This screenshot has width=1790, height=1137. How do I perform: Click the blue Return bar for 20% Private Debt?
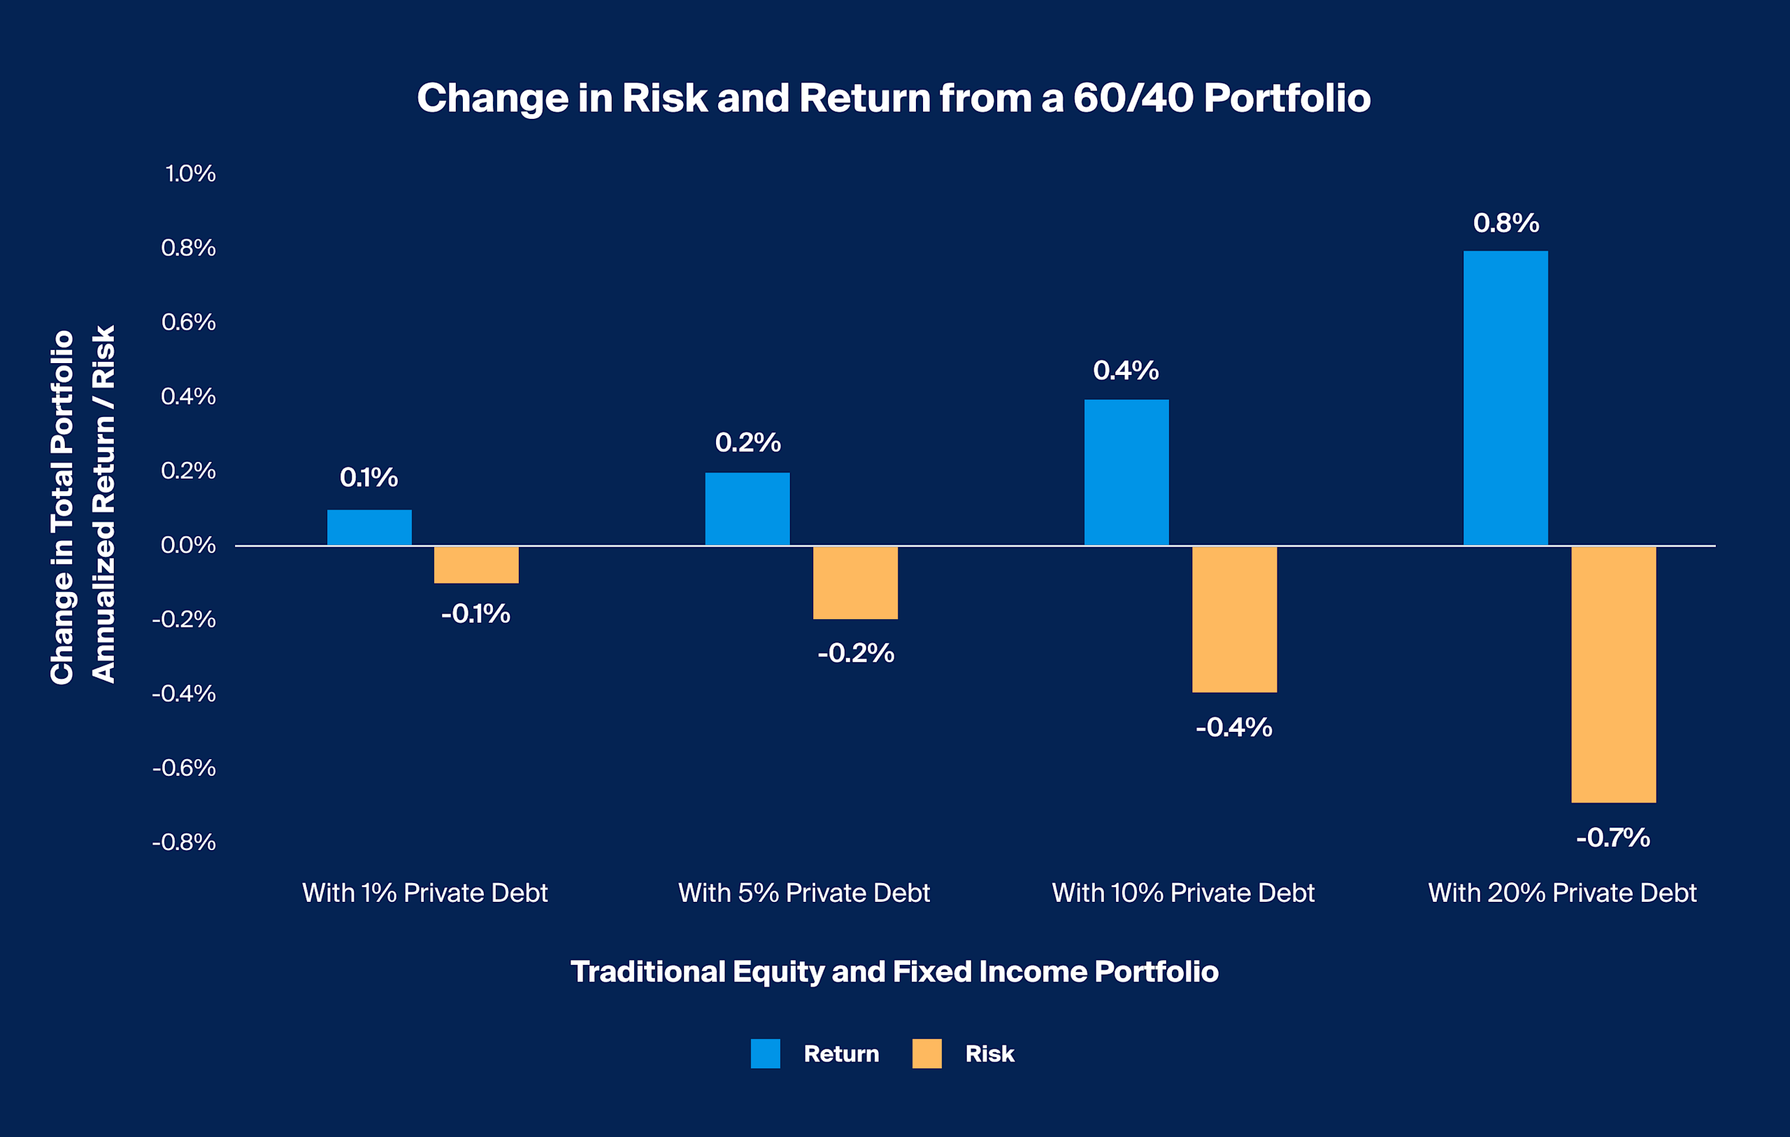(x=1505, y=398)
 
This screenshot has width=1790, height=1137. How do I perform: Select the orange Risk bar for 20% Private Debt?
(x=1613, y=675)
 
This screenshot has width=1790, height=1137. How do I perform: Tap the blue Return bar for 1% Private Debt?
(x=368, y=528)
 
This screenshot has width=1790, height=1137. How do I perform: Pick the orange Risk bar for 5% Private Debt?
(x=855, y=582)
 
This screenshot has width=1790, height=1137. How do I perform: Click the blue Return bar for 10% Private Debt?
(x=1126, y=472)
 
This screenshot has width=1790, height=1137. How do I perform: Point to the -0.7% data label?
(x=1612, y=838)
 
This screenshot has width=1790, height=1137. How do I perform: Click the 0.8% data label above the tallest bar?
(x=1505, y=223)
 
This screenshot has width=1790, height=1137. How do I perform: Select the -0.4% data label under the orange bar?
(x=1234, y=727)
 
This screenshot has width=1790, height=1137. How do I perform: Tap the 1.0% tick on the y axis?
(x=189, y=174)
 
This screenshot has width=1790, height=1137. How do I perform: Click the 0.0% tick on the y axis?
(x=188, y=545)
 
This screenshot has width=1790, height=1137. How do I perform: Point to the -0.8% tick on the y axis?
(x=184, y=842)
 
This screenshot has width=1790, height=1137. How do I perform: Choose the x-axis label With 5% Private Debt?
(x=803, y=892)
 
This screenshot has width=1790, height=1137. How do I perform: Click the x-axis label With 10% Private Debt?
(x=1182, y=892)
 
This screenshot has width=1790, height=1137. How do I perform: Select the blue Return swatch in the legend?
(x=765, y=1053)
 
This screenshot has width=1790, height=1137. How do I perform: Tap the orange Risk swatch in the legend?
(x=926, y=1053)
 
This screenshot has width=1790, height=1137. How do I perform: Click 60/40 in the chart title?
(x=1133, y=97)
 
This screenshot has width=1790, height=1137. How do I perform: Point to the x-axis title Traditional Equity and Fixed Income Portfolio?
(x=894, y=971)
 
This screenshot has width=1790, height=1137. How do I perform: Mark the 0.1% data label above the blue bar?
(x=368, y=477)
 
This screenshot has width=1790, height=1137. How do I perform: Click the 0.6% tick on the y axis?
(x=188, y=322)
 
